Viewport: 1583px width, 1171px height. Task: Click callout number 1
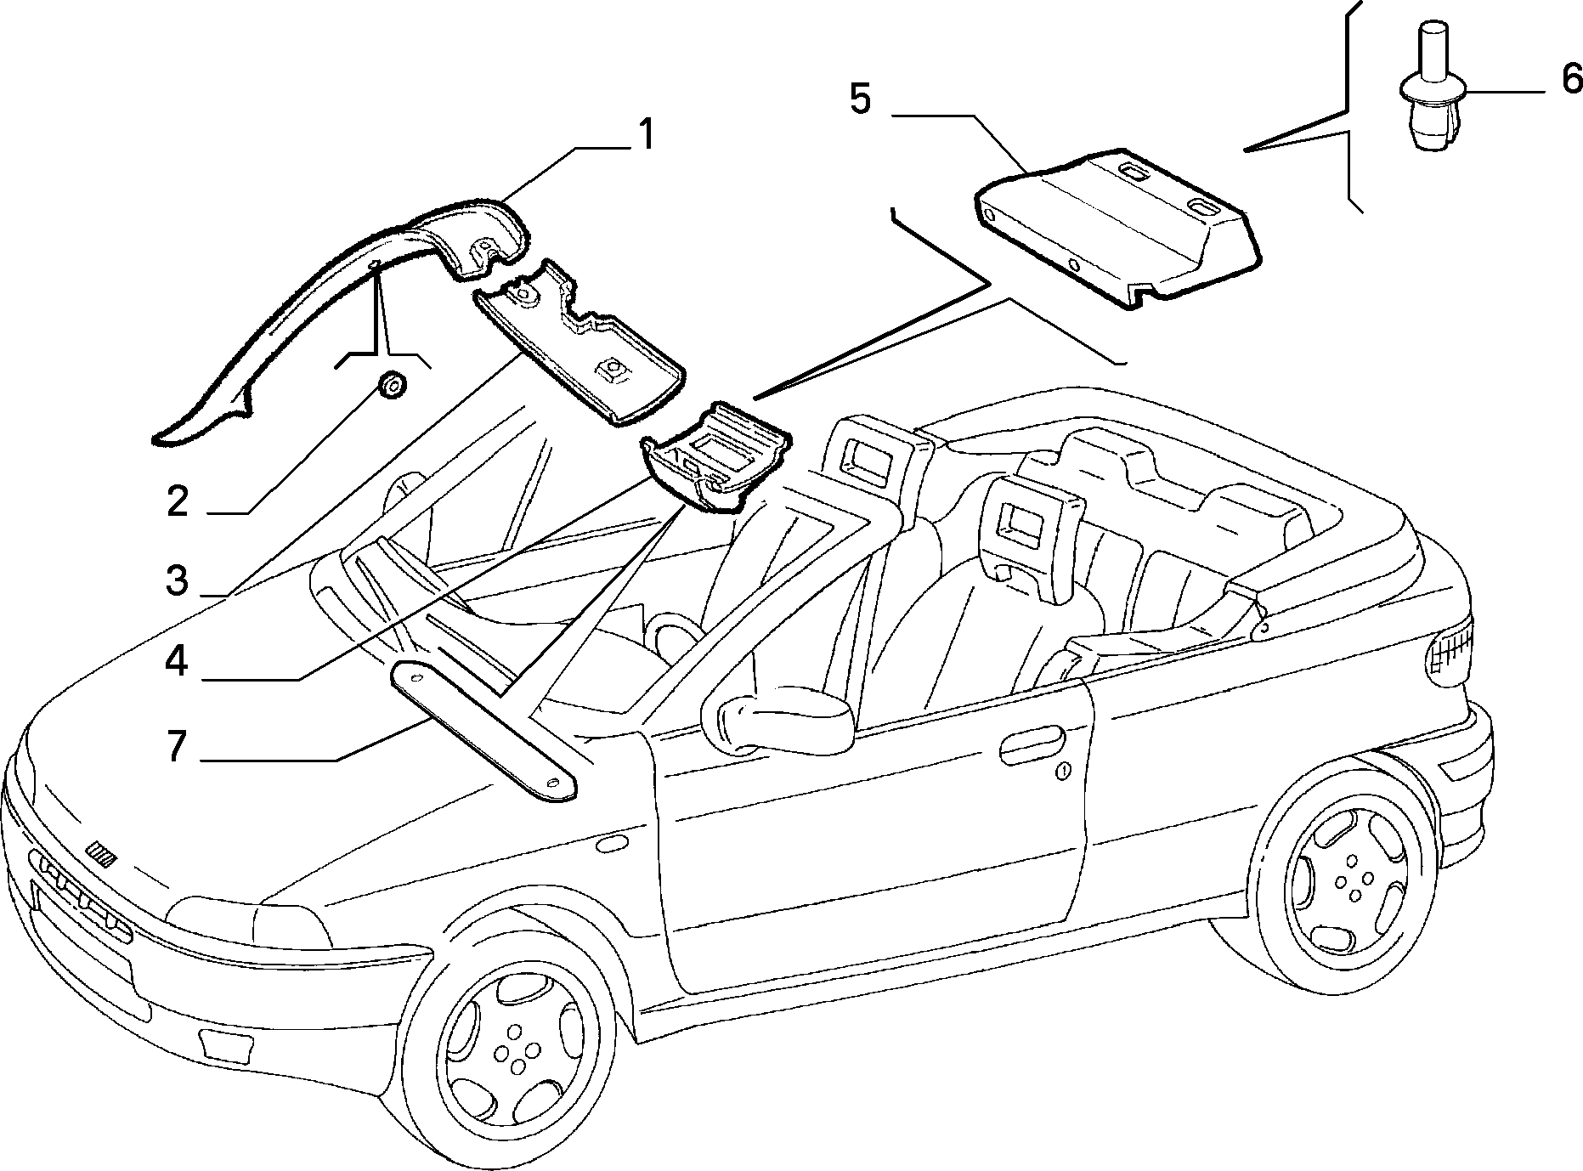pos(646,135)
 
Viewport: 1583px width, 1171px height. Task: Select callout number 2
pos(177,501)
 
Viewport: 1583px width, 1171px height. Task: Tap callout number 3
pos(176,581)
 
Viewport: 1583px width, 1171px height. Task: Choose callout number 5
pos(861,100)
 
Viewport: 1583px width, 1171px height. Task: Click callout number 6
pos(1572,79)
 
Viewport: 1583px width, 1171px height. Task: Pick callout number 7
pos(176,746)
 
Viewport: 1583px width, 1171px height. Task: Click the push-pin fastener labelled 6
pos(1433,89)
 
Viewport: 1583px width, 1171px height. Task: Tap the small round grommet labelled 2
pos(391,385)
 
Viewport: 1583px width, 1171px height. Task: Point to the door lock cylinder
pos(1063,772)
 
